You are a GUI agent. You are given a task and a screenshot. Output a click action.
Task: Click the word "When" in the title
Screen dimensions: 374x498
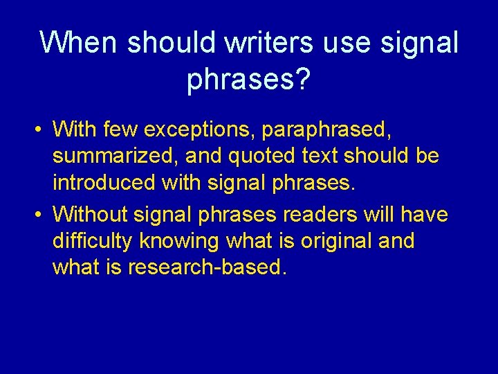pyautogui.click(x=79, y=43)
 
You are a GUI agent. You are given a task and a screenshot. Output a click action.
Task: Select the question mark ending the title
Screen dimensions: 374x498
pyautogui.click(x=303, y=80)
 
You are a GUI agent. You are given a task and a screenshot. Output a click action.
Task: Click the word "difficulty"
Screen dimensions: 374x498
pyautogui.click(x=93, y=241)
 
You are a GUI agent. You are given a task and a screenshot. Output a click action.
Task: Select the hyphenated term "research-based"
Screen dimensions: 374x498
pyautogui.click(x=205, y=268)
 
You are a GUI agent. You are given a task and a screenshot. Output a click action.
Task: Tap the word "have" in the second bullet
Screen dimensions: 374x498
pyautogui.click(x=424, y=215)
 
